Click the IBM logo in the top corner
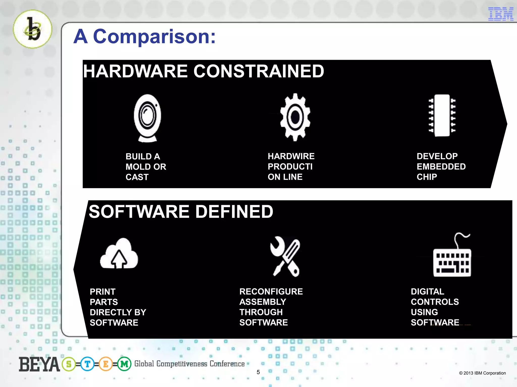(501, 14)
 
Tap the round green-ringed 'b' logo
(33, 29)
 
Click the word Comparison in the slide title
(154, 37)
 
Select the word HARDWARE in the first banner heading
(136, 71)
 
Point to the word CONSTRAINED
(259, 71)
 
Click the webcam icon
(147, 118)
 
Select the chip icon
(442, 115)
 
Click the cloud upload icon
(119, 254)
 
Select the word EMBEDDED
(441, 167)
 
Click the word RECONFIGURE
(271, 292)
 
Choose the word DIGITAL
(427, 292)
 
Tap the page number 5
(258, 372)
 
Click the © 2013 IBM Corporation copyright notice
(482, 373)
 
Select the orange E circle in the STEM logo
(106, 364)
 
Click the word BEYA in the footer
(39, 365)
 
